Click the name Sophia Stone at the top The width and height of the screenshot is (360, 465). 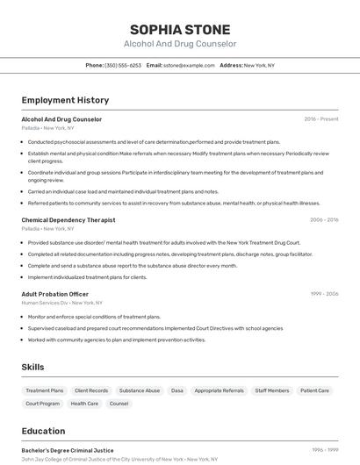pos(179,29)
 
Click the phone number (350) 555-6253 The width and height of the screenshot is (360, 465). pos(123,65)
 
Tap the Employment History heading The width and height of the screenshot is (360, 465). pos(65,101)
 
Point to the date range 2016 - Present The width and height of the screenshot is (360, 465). pos(321,119)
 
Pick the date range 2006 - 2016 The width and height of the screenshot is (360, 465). pos(324,220)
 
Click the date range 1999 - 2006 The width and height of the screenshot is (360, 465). pos(324,294)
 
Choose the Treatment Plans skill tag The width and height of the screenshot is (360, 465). pos(45,390)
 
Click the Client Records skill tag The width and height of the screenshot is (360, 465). pos(91,390)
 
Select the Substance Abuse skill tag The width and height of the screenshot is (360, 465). pos(140,390)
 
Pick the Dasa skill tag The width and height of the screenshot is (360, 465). pos(177,390)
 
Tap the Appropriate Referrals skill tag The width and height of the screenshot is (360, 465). pos(220,390)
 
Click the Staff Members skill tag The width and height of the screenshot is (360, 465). pos(272,390)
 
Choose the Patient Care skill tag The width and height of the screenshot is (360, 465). pos(314,390)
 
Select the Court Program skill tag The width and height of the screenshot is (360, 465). pos(43,404)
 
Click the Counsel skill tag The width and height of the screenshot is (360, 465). pos(119,404)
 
